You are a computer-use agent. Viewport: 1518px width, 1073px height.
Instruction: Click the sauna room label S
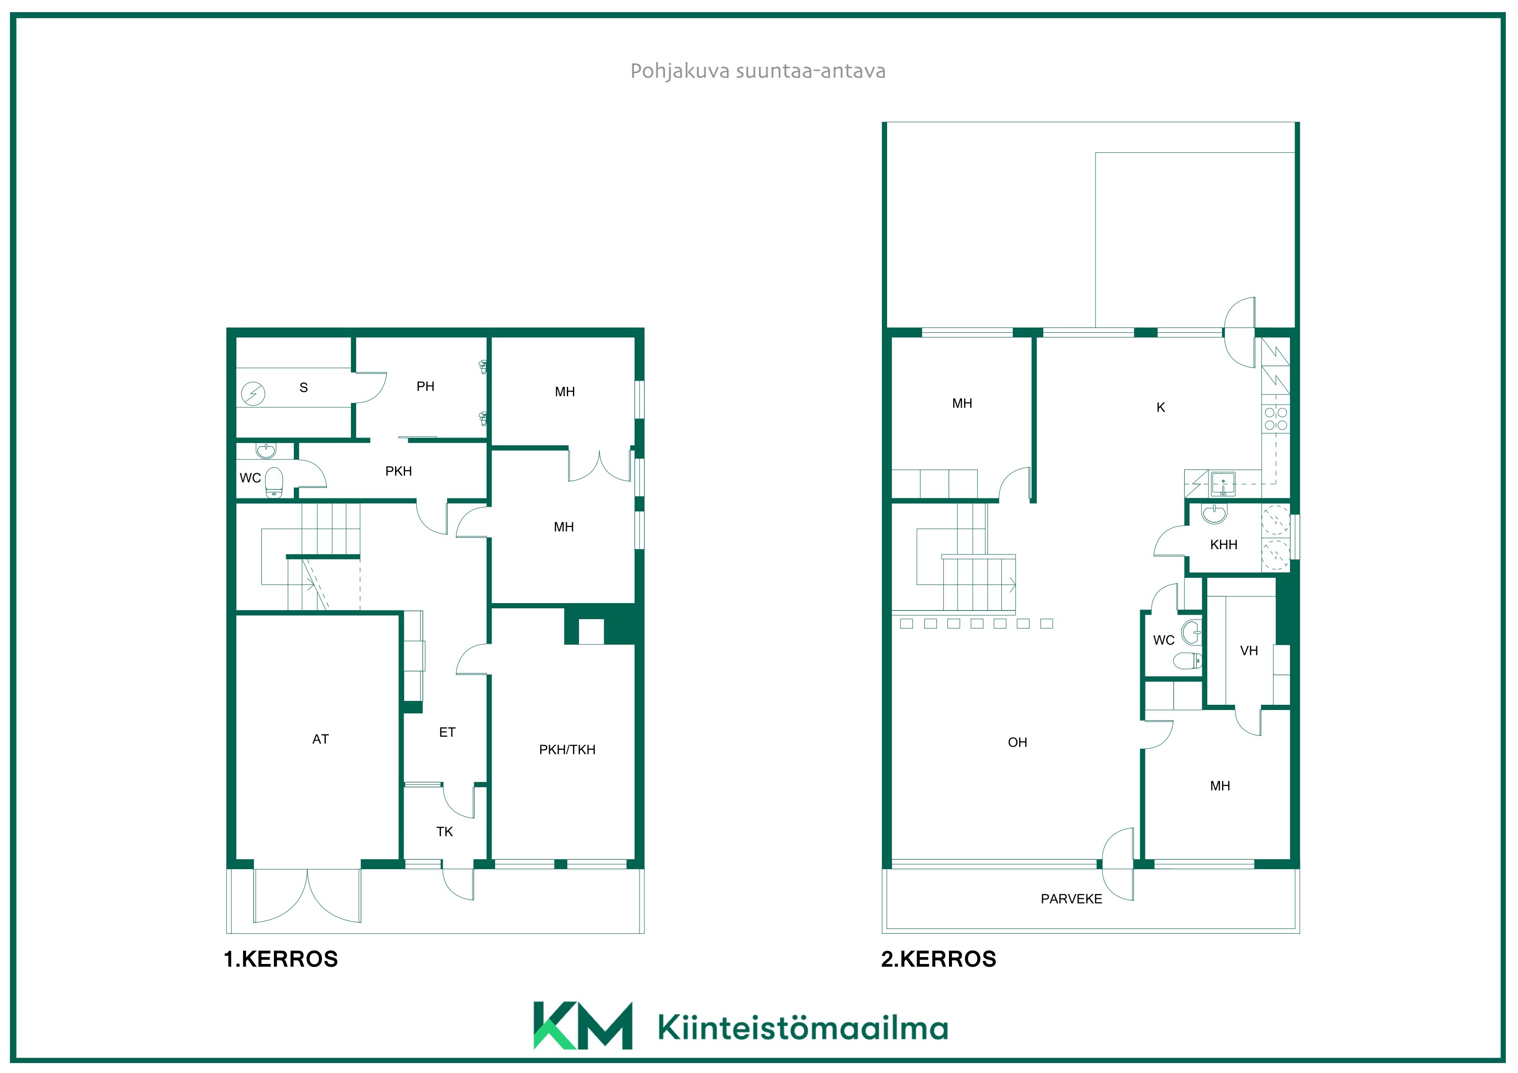point(303,387)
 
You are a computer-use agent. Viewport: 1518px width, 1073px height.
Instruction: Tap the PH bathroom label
point(425,387)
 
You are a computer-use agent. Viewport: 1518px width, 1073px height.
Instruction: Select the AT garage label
point(321,739)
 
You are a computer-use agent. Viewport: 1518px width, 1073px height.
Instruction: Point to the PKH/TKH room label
point(567,750)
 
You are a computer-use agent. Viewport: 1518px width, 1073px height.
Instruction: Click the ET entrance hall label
point(447,732)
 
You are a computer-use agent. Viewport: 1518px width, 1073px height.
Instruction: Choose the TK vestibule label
point(444,832)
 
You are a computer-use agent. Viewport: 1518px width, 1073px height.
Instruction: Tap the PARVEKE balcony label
point(1071,899)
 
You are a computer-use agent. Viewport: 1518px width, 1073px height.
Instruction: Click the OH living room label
point(1017,742)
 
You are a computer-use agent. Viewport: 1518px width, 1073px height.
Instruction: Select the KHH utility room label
point(1223,545)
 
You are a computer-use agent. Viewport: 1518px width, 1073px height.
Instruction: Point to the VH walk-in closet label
point(1249,651)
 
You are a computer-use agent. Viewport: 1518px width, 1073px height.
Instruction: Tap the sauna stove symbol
point(253,394)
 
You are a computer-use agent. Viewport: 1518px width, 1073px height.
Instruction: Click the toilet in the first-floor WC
point(274,482)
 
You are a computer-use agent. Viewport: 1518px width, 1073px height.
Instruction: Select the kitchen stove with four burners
point(1276,418)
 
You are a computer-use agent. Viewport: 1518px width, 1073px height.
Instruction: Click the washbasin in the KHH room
point(1214,514)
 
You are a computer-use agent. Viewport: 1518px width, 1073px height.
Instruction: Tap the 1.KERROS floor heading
point(281,959)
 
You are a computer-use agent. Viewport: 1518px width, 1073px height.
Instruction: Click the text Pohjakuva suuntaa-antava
point(758,71)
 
